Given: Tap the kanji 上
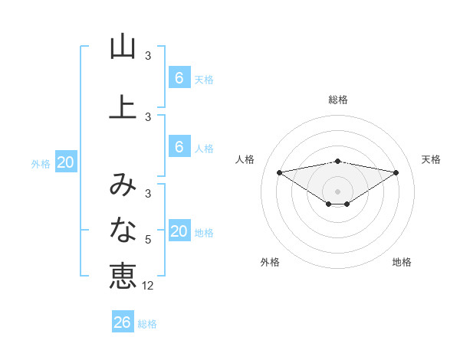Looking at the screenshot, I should [x=123, y=106].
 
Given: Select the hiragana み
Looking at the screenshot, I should [x=123, y=185].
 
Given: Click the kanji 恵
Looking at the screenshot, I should [x=123, y=275].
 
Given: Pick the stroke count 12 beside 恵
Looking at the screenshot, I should [x=149, y=286].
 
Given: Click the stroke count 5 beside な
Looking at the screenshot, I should [x=148, y=240].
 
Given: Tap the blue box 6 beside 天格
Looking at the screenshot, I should [x=179, y=77].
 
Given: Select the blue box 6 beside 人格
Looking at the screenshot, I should [x=179, y=148].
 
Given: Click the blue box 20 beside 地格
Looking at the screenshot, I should [x=179, y=231].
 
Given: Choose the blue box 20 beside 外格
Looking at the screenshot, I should [x=65, y=162].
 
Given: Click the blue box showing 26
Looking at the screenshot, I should [x=122, y=322].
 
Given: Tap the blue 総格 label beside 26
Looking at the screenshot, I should [x=147, y=324].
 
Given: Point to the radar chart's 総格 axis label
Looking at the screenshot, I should [x=338, y=100].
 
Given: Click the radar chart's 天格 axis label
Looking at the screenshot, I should [x=432, y=159].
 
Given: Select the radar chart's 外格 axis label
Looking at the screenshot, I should [x=270, y=262].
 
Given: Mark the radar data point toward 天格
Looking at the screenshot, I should [x=396, y=172].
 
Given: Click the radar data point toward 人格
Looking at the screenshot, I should [x=279, y=172].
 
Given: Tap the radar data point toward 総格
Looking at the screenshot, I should [x=338, y=161].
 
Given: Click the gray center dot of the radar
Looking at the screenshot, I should [x=338, y=191].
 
